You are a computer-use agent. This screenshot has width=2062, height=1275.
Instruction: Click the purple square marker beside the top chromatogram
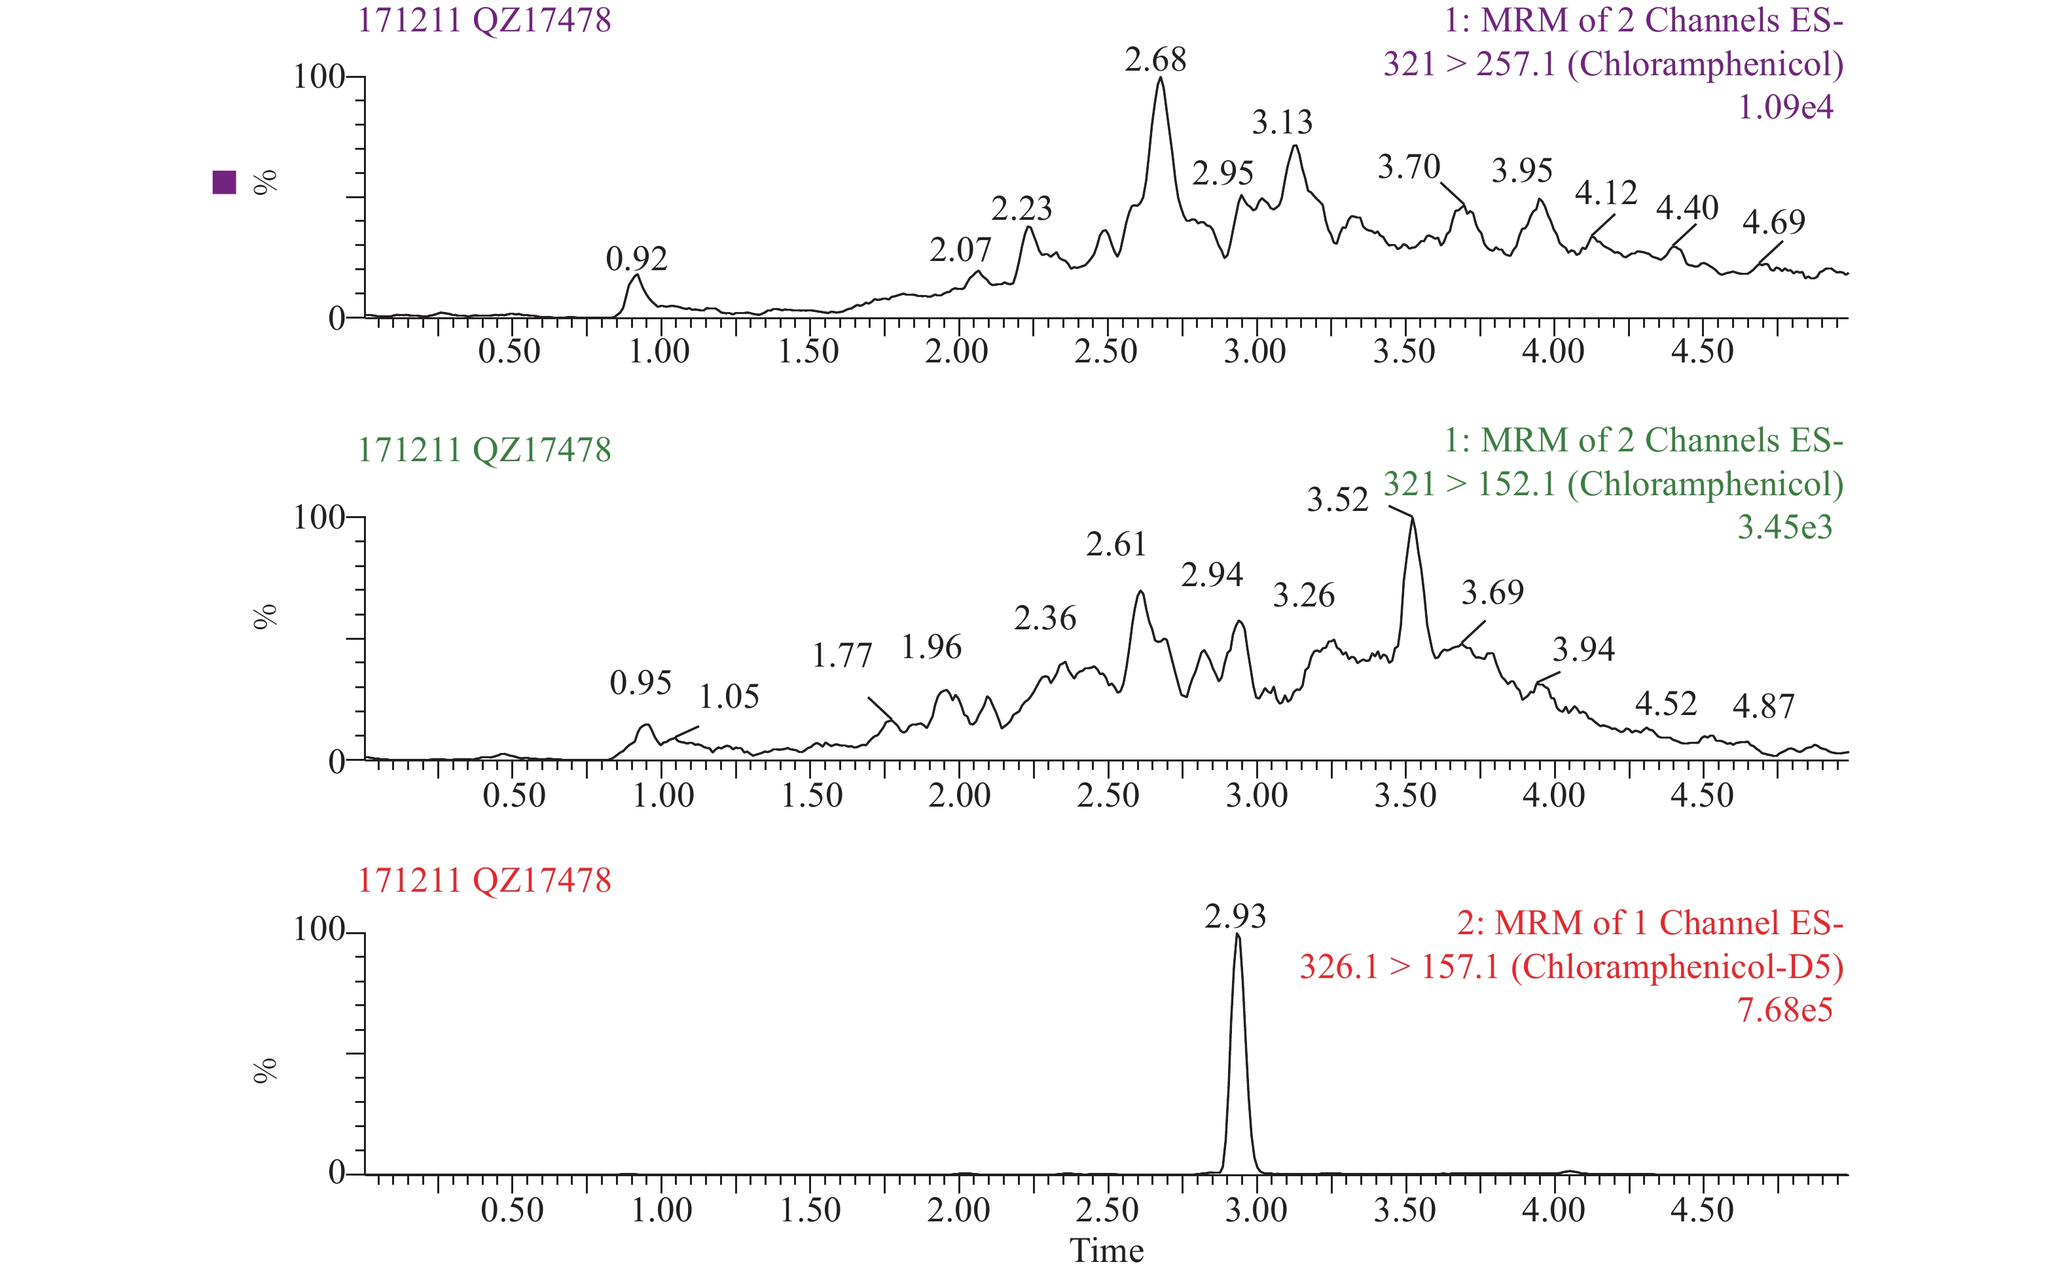click(225, 182)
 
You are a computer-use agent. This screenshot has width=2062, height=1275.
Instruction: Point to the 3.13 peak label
click(1282, 123)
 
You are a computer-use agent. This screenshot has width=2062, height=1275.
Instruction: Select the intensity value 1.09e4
click(1784, 107)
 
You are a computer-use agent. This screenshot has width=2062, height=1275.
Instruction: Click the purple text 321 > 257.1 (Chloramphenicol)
click(1612, 64)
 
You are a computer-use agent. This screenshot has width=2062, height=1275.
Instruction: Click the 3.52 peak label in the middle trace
click(1337, 500)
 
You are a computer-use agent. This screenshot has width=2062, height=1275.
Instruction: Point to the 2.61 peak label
click(1115, 545)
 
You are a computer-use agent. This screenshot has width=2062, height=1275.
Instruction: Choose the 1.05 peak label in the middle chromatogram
click(729, 697)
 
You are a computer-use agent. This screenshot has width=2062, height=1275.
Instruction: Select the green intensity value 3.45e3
click(1784, 527)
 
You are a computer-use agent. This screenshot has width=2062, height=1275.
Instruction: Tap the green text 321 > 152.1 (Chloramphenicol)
click(1612, 484)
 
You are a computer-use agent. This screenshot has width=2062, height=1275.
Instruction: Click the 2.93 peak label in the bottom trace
click(1235, 917)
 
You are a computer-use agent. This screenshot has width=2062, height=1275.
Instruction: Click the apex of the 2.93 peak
click(1237, 934)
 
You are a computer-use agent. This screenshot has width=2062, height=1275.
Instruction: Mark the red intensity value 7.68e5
click(1784, 1009)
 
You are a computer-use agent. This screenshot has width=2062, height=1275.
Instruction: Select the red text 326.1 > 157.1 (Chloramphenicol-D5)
click(1570, 966)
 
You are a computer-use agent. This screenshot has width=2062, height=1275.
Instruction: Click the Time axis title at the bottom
click(1106, 1251)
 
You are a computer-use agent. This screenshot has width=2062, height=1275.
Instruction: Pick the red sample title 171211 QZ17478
click(484, 881)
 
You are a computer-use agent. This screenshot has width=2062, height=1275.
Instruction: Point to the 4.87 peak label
click(1764, 707)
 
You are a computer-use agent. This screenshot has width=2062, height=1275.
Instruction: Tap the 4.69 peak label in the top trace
click(1773, 222)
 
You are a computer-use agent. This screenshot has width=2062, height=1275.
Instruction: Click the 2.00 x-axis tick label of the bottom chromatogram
click(958, 1211)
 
